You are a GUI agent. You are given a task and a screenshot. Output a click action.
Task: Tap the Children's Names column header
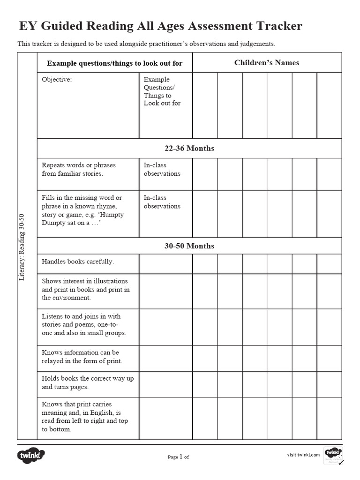tap(266, 63)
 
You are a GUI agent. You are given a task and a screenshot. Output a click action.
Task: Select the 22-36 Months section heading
tap(189, 149)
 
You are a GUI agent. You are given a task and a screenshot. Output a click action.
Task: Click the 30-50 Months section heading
tap(189, 246)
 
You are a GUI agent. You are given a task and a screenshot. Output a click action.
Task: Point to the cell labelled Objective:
tap(57, 80)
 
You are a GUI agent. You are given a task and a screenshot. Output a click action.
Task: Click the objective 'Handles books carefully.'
tap(78, 262)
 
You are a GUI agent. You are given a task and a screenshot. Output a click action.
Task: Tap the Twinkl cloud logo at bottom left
tap(31, 455)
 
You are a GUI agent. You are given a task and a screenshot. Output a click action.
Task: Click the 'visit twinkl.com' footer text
tap(303, 455)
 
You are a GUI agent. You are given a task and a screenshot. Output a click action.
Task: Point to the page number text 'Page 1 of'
tap(178, 457)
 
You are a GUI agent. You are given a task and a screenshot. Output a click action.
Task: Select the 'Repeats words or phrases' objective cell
tap(79, 169)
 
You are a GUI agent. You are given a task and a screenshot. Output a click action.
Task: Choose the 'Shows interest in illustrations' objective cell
tap(85, 289)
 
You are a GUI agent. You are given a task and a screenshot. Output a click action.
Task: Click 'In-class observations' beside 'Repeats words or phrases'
tap(162, 169)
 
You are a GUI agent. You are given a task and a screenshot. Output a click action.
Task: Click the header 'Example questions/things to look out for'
tap(115, 63)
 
